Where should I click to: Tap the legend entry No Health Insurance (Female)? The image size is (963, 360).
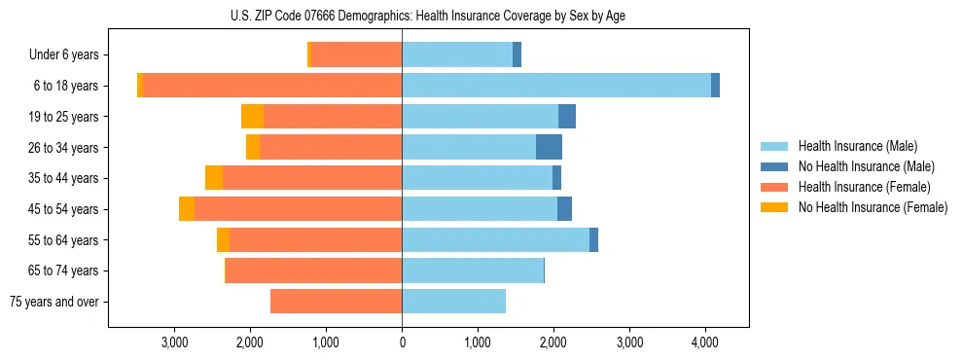tap(872, 207)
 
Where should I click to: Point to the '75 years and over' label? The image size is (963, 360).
tap(53, 302)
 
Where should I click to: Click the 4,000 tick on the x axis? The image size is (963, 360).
tap(705, 342)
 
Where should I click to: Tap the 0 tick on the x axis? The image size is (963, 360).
tap(402, 342)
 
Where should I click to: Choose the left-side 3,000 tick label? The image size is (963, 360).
tap(174, 342)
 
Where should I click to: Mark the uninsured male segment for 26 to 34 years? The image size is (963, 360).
tap(549, 147)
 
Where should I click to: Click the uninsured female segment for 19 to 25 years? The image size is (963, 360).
tap(252, 117)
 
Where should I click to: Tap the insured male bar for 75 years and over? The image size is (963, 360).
tap(453, 302)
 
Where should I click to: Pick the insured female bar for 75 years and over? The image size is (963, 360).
tap(336, 302)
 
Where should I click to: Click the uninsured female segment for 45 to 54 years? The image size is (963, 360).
tap(187, 209)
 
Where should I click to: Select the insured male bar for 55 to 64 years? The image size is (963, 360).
tap(495, 239)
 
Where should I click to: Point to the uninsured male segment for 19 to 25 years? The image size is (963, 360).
tap(567, 117)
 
